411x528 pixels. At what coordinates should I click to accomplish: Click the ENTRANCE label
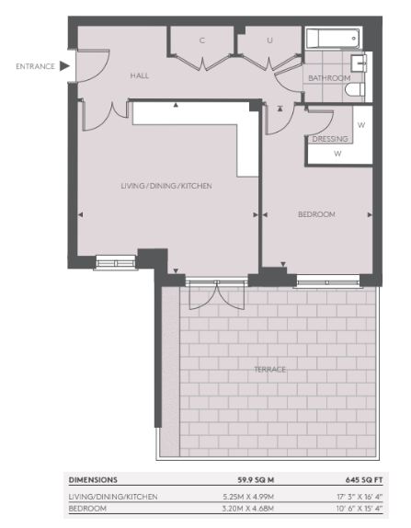[35, 66]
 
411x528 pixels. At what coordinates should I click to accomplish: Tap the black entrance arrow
[64, 66]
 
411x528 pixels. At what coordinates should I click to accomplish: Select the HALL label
[140, 75]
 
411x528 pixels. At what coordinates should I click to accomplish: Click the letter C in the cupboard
[202, 40]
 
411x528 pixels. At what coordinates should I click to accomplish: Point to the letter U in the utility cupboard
[269, 40]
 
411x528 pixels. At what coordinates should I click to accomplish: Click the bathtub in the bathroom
[333, 38]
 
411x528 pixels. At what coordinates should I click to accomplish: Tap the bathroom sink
[359, 63]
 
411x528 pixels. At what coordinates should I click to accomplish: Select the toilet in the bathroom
[355, 90]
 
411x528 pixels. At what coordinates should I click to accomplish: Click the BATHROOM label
[329, 78]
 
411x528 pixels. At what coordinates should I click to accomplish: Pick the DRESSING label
[330, 139]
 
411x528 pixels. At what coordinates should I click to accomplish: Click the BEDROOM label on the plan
[316, 214]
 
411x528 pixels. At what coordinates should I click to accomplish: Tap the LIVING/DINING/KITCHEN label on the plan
[166, 186]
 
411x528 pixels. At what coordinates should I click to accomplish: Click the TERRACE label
[270, 370]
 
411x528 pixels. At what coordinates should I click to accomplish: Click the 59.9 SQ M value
[256, 480]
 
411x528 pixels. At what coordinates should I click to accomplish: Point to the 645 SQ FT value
[364, 480]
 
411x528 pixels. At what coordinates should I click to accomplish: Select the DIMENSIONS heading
[93, 480]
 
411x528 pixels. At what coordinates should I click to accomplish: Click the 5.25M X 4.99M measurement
[248, 497]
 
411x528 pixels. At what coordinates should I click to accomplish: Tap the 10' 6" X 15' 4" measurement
[360, 509]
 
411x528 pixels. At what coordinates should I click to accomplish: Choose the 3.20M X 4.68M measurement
[248, 509]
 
